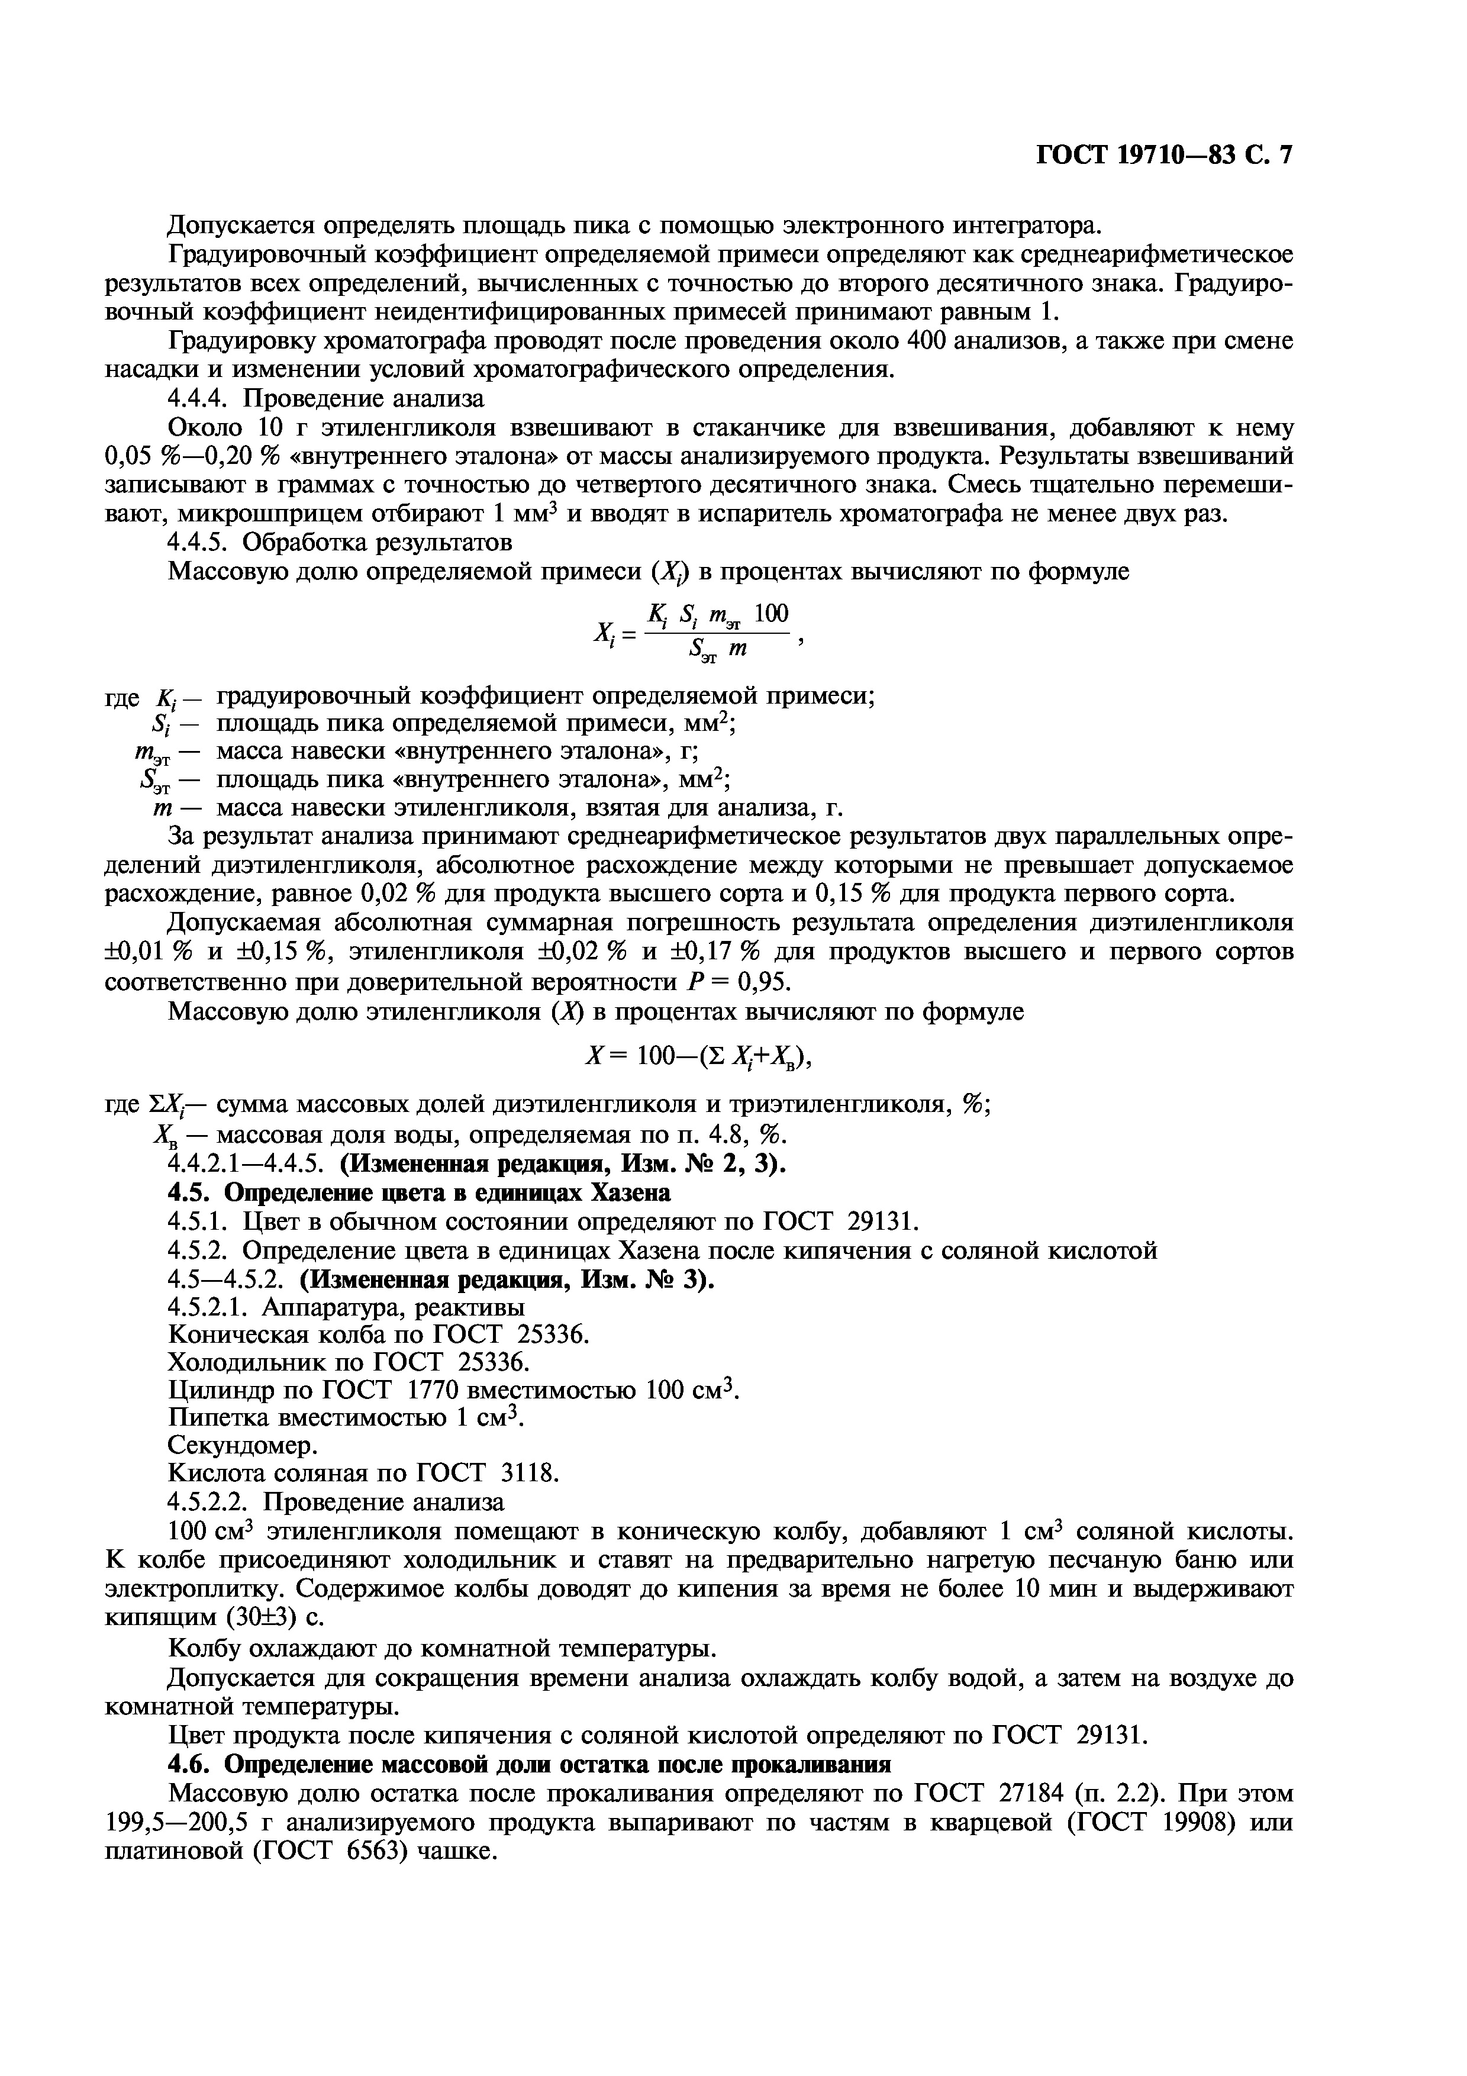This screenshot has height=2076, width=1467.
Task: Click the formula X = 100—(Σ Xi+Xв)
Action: pos(699,1056)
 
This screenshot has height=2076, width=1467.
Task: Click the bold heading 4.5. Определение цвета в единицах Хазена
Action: pos(420,1194)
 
